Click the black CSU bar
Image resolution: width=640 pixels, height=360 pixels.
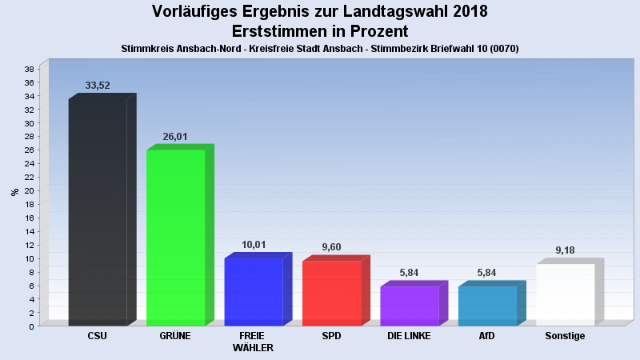click(98, 212)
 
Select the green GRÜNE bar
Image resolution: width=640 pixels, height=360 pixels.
click(175, 238)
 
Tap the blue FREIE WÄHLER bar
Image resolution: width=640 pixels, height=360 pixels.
click(254, 292)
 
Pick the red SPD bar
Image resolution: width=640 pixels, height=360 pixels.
click(331, 294)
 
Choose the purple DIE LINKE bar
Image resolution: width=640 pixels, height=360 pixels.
click(409, 306)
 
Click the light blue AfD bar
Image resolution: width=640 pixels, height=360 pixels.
click(487, 306)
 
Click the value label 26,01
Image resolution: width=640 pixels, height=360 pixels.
click(175, 137)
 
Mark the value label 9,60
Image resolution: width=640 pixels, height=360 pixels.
click(331, 247)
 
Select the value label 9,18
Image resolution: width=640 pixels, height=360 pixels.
click(565, 250)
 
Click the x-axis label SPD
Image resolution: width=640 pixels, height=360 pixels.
click(331, 336)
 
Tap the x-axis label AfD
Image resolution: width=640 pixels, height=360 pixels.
click(487, 336)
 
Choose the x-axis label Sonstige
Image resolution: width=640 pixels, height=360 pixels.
click(565, 336)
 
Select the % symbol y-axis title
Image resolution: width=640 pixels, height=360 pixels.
click(14, 192)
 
